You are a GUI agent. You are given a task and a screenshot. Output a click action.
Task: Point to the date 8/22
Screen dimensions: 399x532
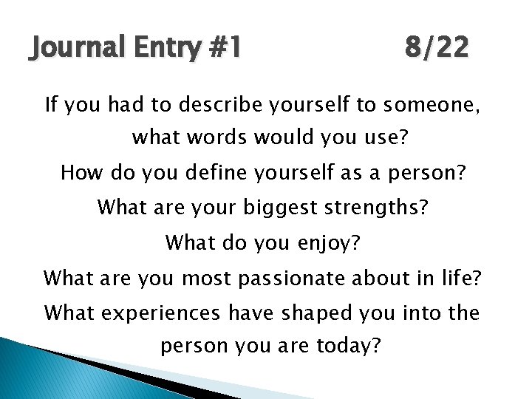click(436, 50)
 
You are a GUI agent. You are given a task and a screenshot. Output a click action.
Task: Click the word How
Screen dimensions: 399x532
click(80, 174)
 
